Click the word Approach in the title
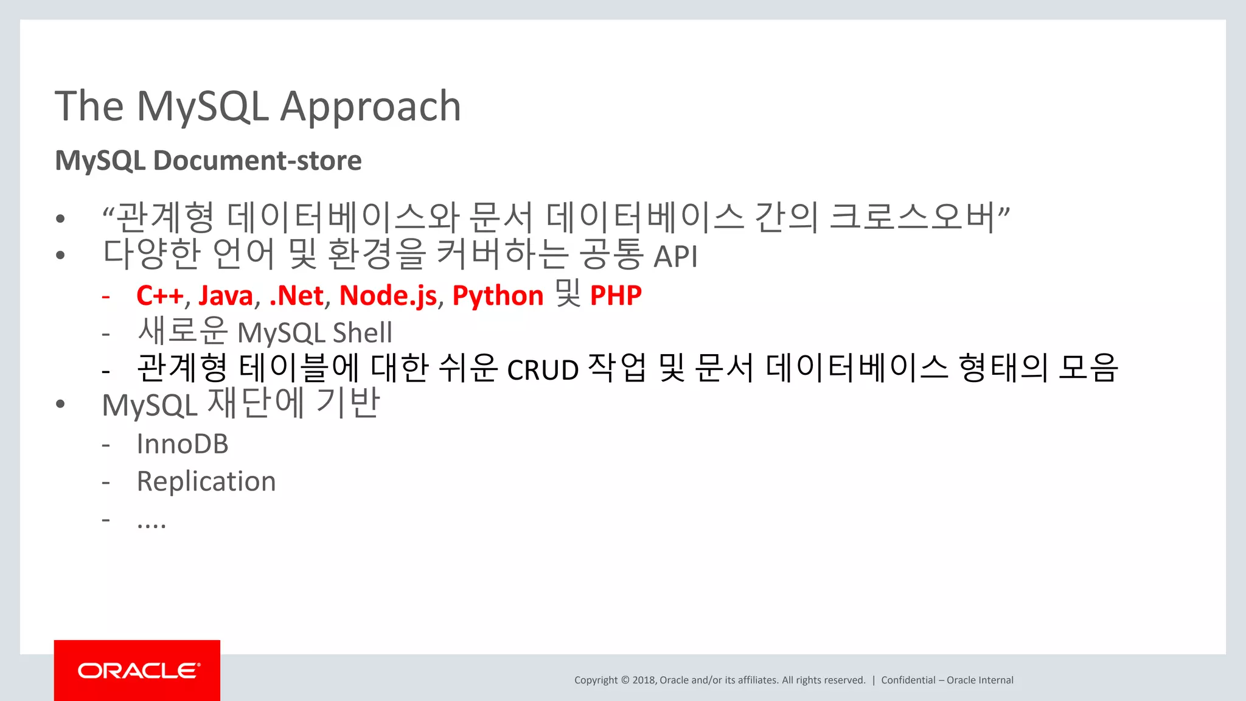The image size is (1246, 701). [370, 107]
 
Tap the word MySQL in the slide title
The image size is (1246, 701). [203, 107]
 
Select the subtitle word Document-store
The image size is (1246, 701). [257, 161]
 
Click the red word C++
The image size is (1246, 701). [159, 296]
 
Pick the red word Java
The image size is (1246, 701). [226, 296]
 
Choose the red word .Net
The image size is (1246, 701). [296, 296]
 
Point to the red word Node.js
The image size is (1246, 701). [388, 296]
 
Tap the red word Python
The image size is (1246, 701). [498, 296]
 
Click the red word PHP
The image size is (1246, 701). [616, 296]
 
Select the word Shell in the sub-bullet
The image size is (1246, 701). [363, 333]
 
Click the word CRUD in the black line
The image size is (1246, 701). [543, 370]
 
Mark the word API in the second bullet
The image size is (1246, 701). [675, 256]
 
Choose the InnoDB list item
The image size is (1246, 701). [183, 444]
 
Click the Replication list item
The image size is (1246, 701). [206, 481]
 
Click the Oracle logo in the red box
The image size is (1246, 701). [139, 671]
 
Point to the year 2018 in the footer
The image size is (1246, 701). [643, 680]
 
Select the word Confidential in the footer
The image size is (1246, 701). [908, 680]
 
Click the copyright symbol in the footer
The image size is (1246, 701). [625, 680]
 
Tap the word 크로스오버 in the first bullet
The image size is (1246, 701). [912, 217]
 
